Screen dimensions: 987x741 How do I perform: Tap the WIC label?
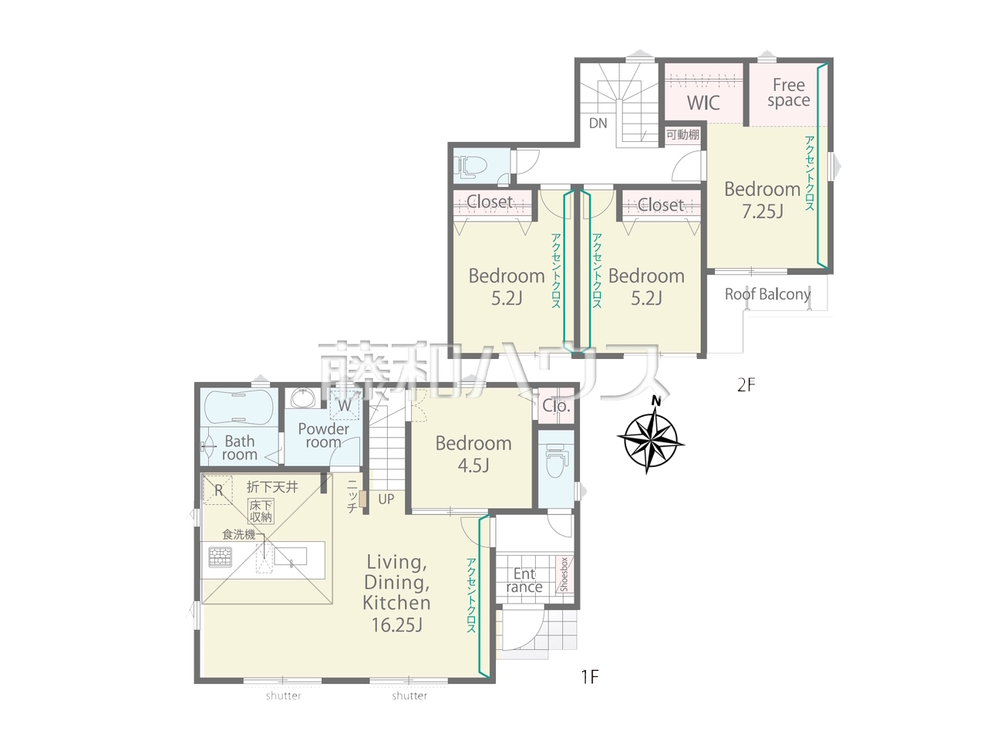pyautogui.click(x=702, y=103)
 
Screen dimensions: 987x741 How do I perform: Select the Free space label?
pyautogui.click(x=789, y=93)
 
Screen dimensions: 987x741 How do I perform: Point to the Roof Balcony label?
pyautogui.click(x=767, y=294)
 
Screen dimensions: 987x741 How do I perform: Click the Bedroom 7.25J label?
pyautogui.click(x=763, y=200)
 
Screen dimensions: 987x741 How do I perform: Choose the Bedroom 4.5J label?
pyautogui.click(x=473, y=455)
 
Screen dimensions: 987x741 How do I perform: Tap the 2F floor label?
pyautogui.click(x=746, y=384)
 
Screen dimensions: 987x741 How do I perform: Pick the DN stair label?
pyautogui.click(x=598, y=123)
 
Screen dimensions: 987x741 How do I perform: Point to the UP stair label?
pyautogui.click(x=386, y=499)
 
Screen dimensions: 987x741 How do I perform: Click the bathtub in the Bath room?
pyautogui.click(x=238, y=407)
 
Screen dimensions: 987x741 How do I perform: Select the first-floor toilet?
pyautogui.click(x=556, y=461)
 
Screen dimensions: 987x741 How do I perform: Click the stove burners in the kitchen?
pyautogui.click(x=221, y=557)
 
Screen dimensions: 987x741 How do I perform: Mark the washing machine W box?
pyautogui.click(x=345, y=405)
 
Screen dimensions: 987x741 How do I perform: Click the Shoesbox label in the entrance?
pyautogui.click(x=564, y=574)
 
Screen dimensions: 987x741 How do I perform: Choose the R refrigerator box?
pyautogui.click(x=218, y=490)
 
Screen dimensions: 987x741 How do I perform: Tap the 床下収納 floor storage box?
pyautogui.click(x=261, y=511)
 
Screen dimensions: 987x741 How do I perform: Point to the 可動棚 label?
pyautogui.click(x=682, y=134)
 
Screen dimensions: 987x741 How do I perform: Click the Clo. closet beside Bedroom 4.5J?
pyautogui.click(x=556, y=406)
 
